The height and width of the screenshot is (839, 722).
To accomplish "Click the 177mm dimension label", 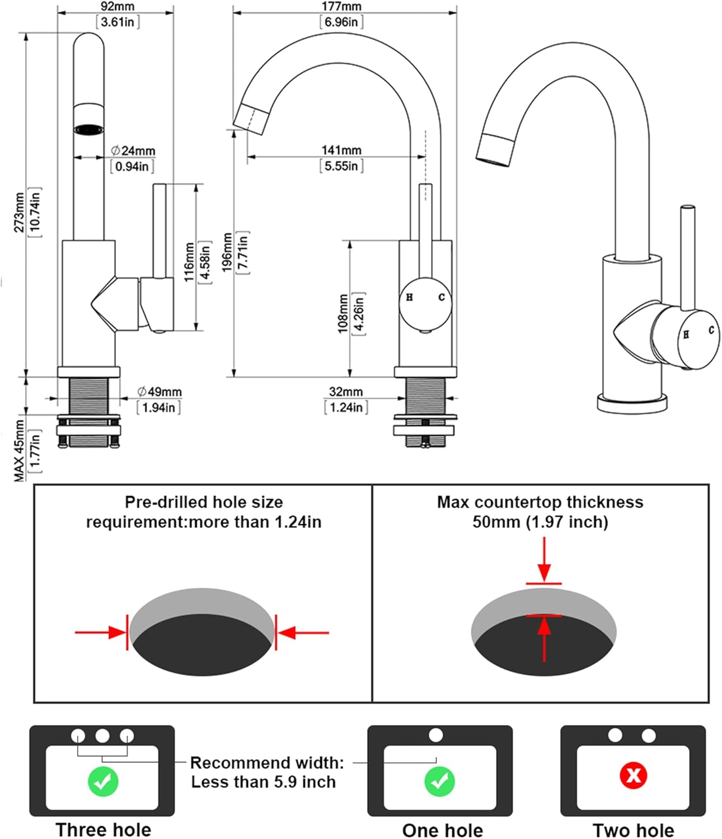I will click(x=341, y=7).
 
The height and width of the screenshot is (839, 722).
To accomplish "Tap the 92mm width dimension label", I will click(x=118, y=7).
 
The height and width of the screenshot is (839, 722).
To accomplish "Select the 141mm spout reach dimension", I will click(x=341, y=150).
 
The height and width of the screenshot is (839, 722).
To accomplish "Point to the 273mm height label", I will click(x=20, y=213).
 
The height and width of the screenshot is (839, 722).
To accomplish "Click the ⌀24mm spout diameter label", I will click(x=133, y=150).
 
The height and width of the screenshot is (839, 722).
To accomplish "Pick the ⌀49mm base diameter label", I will click(x=160, y=392).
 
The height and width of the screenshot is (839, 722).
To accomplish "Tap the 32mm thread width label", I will click(x=345, y=392).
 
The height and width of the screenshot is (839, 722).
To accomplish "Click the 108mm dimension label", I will click(x=343, y=314).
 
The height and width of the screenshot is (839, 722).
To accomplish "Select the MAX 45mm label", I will click(x=20, y=451).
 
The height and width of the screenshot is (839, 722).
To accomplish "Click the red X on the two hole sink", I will click(x=633, y=775).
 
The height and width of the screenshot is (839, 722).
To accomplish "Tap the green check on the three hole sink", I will click(x=103, y=781).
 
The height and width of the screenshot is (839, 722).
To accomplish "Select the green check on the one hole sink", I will click(x=439, y=781).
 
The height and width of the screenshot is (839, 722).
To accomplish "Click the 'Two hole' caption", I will click(x=633, y=830).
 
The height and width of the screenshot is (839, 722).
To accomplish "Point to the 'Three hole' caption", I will click(x=103, y=829).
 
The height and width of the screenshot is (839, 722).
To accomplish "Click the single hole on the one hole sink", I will click(x=435, y=735).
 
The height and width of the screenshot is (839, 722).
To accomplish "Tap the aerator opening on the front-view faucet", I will click(x=89, y=130).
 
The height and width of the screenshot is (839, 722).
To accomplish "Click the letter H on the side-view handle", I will click(x=410, y=298).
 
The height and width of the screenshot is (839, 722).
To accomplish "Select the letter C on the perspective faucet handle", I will click(x=711, y=330).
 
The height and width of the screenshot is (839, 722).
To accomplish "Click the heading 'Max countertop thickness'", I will click(x=540, y=502).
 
